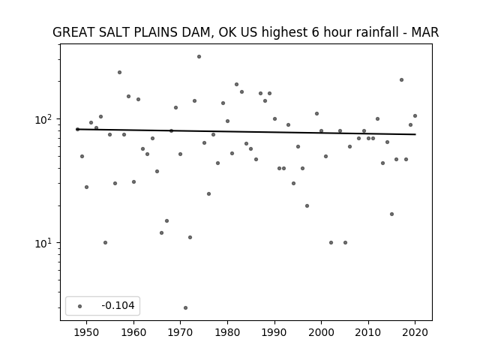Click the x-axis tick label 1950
click(x=87, y=332)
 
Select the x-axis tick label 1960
click(x=133, y=332)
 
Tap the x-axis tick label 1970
click(x=180, y=332)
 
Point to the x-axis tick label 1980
click(x=227, y=332)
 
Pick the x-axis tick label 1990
click(x=274, y=332)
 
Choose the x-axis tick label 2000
click(x=322, y=332)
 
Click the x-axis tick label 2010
click(x=368, y=332)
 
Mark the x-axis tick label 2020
click(x=415, y=332)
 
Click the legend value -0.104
click(x=118, y=305)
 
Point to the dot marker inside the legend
click(x=80, y=306)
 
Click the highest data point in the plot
click(x=199, y=57)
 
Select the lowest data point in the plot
click(x=185, y=308)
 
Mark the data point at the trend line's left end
click(x=77, y=130)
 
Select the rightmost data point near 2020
click(x=415, y=116)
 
